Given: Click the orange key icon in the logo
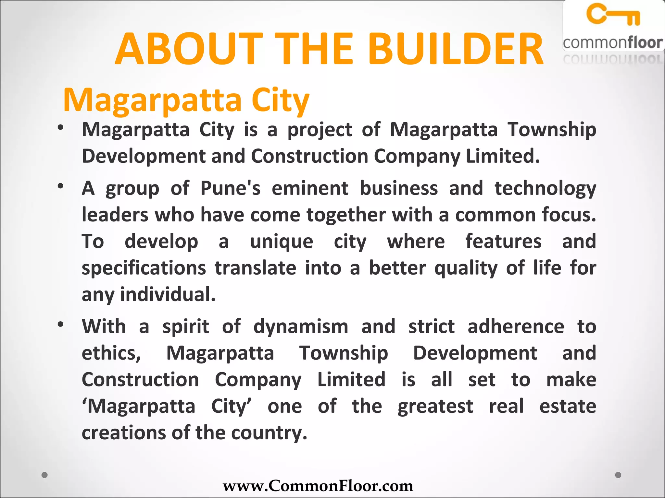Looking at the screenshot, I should pos(613,15).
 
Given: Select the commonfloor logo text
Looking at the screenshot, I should pos(613,43).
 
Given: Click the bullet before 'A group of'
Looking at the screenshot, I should pos(60,186).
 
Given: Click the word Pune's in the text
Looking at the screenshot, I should pos(230,188).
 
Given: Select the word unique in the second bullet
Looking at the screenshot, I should pos(281,242).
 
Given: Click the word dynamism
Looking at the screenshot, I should pos(301,326).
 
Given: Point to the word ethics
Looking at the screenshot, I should pos(111,353).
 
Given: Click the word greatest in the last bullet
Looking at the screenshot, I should pos(435,407).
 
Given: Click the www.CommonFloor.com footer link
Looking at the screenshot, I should pos(318,486).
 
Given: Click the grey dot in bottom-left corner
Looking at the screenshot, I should pos(45,475).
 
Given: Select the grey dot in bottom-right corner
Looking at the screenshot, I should pos(618,475).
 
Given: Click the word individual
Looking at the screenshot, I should pos(168,295).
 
